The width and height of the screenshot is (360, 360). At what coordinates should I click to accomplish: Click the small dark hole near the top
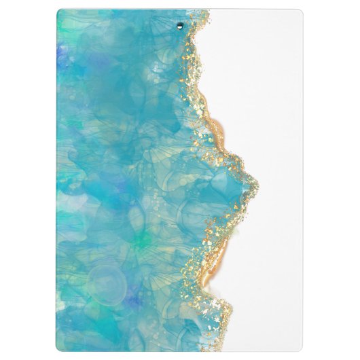(180, 26)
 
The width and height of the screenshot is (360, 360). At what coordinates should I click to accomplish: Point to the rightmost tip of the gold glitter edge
(256, 181)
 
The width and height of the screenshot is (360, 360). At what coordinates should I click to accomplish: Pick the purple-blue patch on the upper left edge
(63, 54)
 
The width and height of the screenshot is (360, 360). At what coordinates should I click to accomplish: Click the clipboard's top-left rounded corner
(60, 12)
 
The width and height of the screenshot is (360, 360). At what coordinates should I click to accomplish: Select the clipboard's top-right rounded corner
(300, 12)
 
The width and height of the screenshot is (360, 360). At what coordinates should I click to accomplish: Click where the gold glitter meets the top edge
(206, 11)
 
